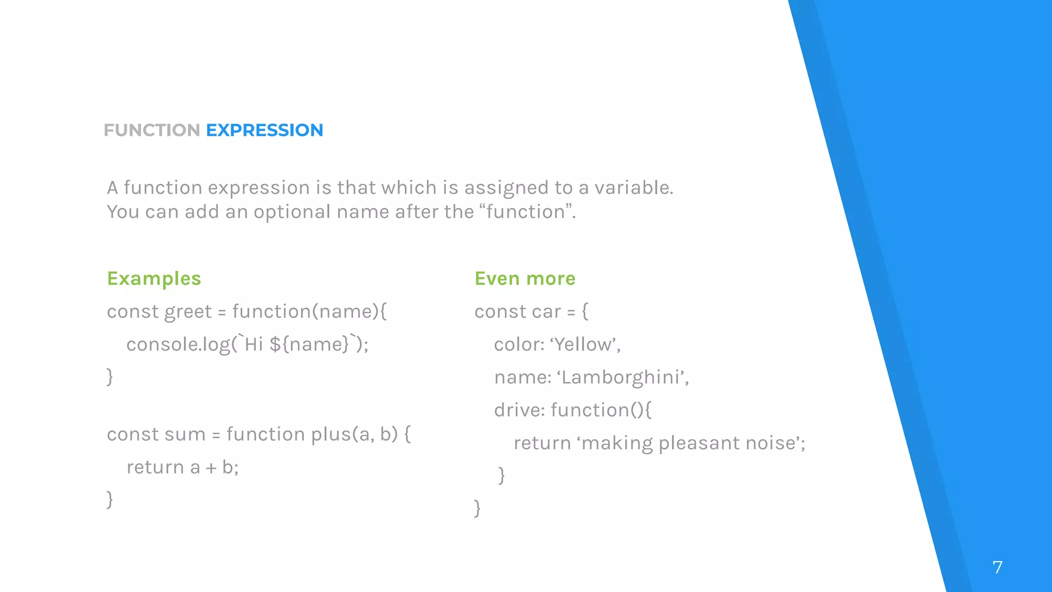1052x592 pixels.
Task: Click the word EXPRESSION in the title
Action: pyautogui.click(x=265, y=131)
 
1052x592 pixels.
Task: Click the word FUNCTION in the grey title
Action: pyautogui.click(x=152, y=131)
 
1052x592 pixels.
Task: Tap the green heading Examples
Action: pyautogui.click(x=154, y=279)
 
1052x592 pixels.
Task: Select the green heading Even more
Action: pyautogui.click(x=524, y=279)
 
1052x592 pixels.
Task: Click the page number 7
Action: pyautogui.click(x=997, y=567)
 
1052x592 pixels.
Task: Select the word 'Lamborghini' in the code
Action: pyautogui.click(x=622, y=378)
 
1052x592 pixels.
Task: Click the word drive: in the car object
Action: pyautogui.click(x=519, y=411)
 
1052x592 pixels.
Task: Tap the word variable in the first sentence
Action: pyautogui.click(x=633, y=188)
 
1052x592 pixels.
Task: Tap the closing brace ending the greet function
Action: pyautogui.click(x=109, y=377)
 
